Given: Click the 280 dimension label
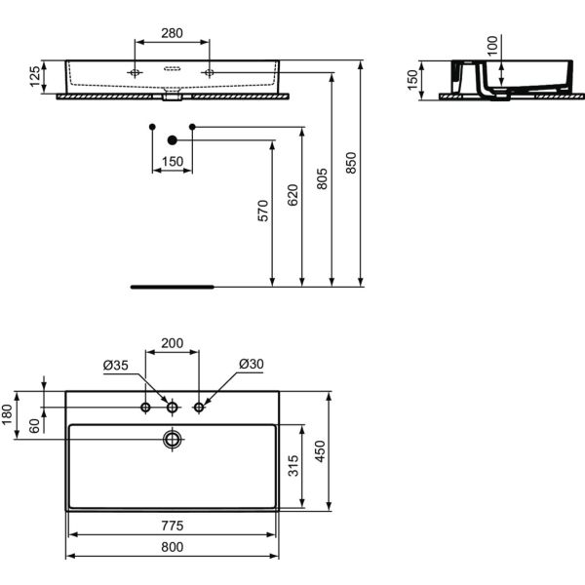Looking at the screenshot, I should [x=172, y=33].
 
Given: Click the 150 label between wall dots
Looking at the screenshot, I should [x=172, y=162].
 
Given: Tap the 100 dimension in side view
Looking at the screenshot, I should [x=491, y=45].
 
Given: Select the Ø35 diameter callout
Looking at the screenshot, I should [x=116, y=365].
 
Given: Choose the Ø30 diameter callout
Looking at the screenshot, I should [x=251, y=365].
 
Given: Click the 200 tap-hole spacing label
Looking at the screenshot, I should [x=172, y=343].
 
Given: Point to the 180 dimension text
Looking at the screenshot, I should [x=8, y=416].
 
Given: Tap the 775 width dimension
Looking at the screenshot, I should [x=172, y=526].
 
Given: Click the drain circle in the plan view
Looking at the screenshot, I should [x=173, y=439].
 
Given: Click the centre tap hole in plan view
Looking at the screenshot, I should [x=173, y=407].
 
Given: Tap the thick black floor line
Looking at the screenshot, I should [x=172, y=288].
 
